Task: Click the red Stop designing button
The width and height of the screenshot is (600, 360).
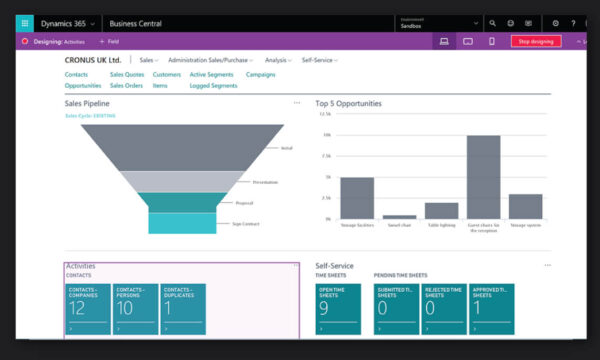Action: point(536,41)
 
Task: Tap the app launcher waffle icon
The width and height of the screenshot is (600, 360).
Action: point(25,22)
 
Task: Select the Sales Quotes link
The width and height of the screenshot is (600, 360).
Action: point(127,74)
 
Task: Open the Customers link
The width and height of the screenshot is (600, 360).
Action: point(167,74)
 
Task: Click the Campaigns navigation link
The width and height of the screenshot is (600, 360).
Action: point(261,74)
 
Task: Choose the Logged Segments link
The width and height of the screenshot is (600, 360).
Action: point(213,86)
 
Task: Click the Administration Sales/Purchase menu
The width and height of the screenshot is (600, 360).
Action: point(210,61)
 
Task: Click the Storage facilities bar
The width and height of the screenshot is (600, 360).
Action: point(357,197)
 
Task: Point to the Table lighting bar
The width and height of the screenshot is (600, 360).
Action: point(441,210)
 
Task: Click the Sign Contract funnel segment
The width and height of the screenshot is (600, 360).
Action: point(183,224)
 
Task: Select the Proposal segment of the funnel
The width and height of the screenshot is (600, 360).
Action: point(183,202)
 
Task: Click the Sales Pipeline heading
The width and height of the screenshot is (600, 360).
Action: point(87,103)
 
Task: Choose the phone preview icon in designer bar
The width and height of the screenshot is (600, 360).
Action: point(491,41)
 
